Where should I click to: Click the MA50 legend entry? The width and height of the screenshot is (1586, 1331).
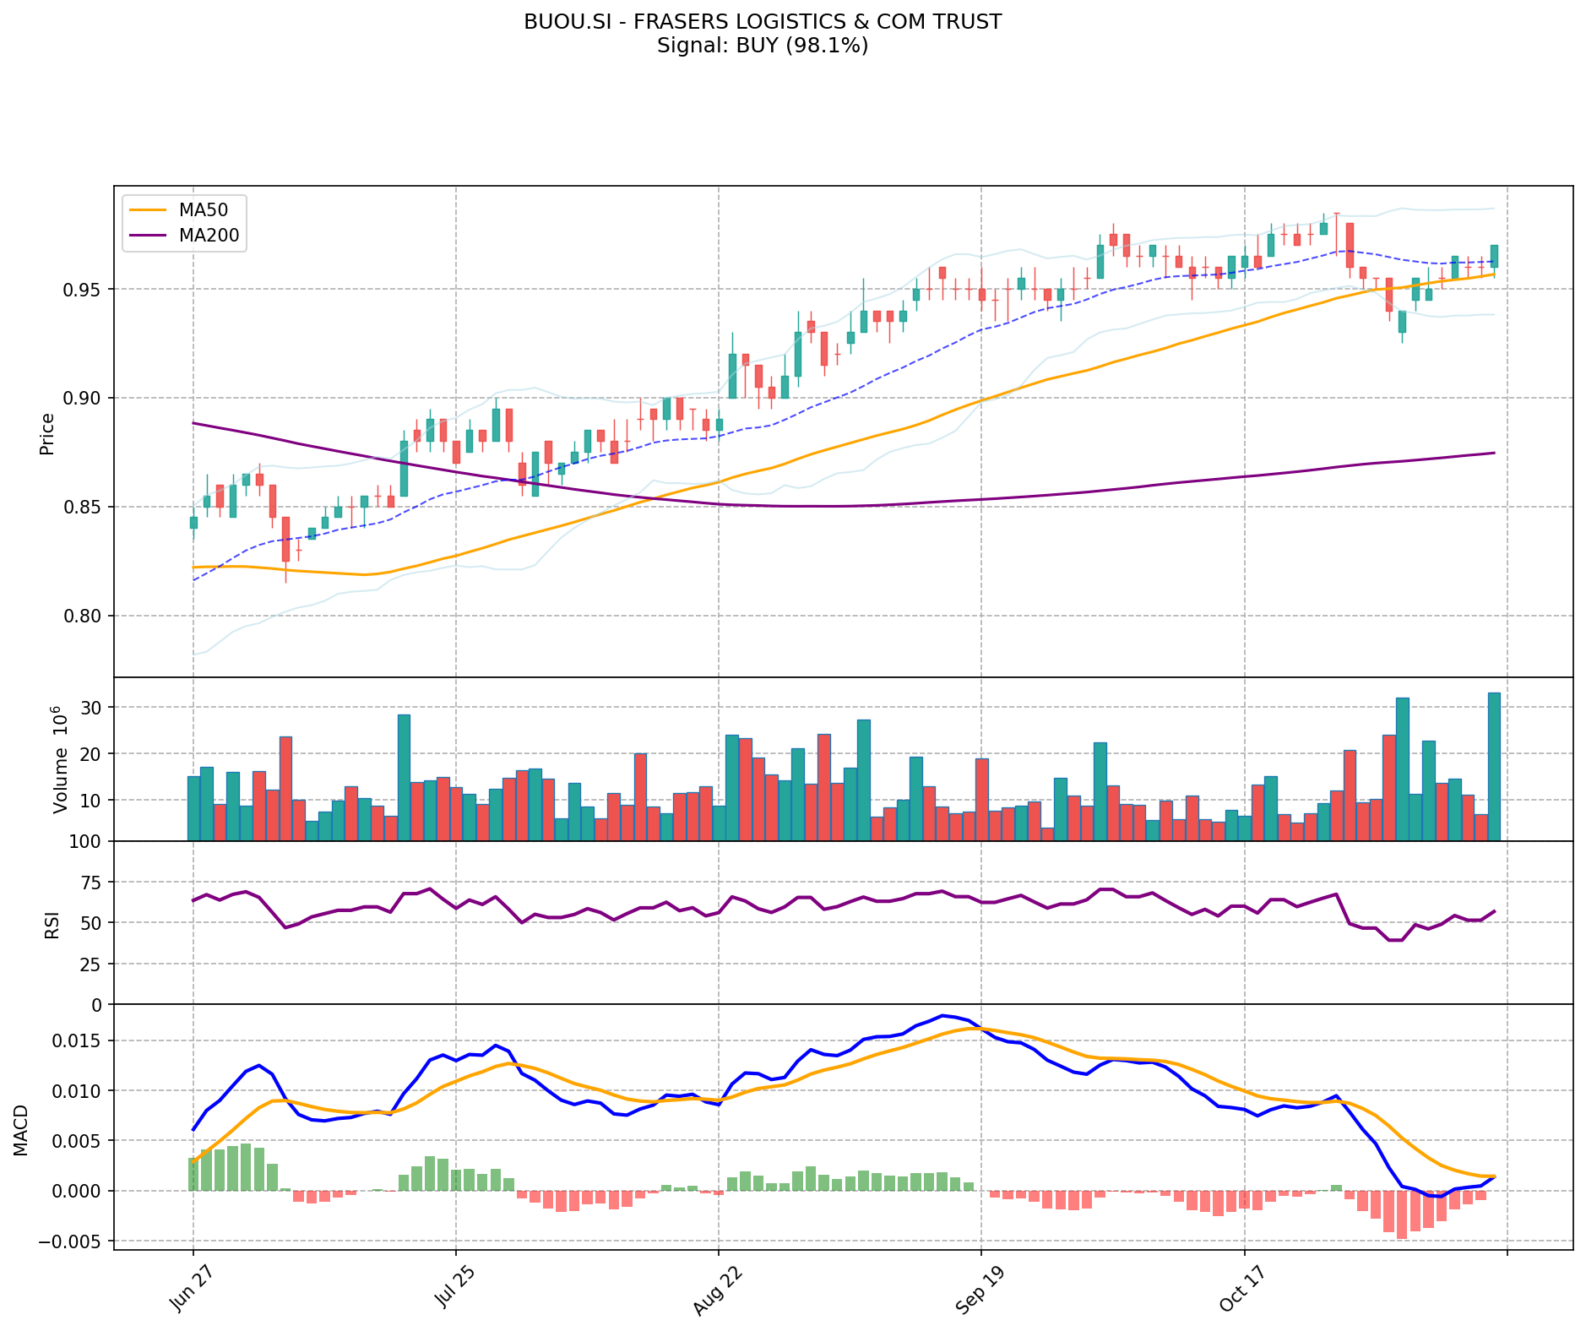click(203, 209)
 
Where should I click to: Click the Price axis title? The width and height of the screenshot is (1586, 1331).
click(47, 433)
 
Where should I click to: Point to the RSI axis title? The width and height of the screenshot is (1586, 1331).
click(52, 925)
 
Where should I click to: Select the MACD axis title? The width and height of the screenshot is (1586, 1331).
click(21, 1130)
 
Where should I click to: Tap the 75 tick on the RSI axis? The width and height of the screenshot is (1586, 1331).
click(91, 883)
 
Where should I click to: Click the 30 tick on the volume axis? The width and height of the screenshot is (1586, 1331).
click(91, 708)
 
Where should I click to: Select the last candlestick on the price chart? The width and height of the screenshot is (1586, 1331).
click(1494, 256)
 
